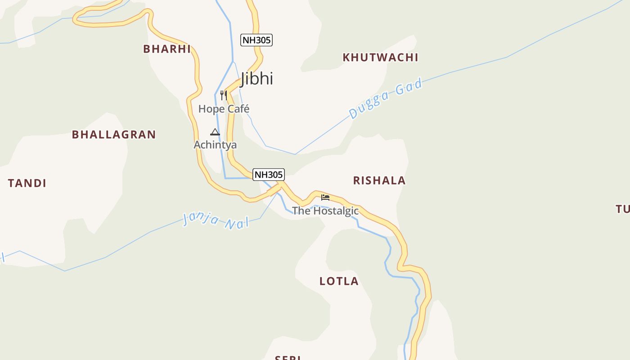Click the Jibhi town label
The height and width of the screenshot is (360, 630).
(257, 78)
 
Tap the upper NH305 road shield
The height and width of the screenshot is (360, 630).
(256, 40)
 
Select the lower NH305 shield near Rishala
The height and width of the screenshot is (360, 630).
(269, 175)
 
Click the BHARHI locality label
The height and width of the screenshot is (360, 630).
(167, 49)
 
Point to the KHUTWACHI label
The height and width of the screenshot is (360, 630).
(380, 58)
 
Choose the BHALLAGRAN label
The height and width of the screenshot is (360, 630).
(114, 135)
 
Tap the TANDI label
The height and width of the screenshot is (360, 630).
(27, 183)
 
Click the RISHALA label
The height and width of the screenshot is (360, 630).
(379, 181)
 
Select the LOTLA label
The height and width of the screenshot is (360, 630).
(339, 281)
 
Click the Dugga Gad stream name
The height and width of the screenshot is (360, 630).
(386, 99)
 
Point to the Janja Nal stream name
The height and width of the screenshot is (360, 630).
(216, 220)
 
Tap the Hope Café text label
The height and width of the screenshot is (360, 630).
(224, 109)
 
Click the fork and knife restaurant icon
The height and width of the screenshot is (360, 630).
(224, 95)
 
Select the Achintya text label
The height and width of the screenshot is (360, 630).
(215, 145)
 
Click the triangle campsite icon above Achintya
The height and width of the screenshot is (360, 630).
(215, 132)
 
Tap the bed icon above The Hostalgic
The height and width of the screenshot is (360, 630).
(325, 197)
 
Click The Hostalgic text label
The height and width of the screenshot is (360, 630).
(325, 211)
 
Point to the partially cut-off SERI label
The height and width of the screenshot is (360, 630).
(288, 358)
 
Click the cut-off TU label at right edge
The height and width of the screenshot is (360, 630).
(623, 209)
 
